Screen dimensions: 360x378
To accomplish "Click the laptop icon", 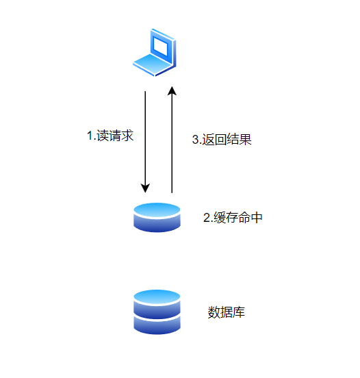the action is pyautogui.click(x=155, y=52).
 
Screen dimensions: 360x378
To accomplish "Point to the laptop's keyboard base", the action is pyautogui.click(x=153, y=64).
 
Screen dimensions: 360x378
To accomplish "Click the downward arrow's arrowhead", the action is pyautogui.click(x=145, y=188).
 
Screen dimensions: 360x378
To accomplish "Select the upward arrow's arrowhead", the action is pyautogui.click(x=172, y=91).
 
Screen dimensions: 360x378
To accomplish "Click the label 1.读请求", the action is pyautogui.click(x=110, y=135).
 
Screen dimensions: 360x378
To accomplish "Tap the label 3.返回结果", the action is pyautogui.click(x=222, y=139).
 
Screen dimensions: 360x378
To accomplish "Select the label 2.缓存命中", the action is pyautogui.click(x=233, y=218).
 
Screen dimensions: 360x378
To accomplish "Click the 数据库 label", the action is pyautogui.click(x=227, y=312).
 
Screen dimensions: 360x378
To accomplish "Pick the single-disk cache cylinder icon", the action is pyautogui.click(x=157, y=218).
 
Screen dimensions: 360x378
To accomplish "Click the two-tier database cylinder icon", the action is pyautogui.click(x=157, y=312).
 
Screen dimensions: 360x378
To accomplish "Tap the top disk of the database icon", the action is pyautogui.click(x=157, y=304).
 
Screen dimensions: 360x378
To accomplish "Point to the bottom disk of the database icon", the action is pyautogui.click(x=157, y=326).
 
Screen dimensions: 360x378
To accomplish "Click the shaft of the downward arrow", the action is pyautogui.click(x=145, y=138).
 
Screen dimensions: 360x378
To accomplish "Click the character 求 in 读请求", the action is pyautogui.click(x=127, y=135).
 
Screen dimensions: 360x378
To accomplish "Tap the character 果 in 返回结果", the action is pyautogui.click(x=246, y=139).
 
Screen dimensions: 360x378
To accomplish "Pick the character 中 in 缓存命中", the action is pyautogui.click(x=257, y=218).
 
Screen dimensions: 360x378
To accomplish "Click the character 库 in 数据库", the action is pyautogui.click(x=239, y=312).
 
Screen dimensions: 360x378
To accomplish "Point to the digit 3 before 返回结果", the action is pyautogui.click(x=195, y=140).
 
